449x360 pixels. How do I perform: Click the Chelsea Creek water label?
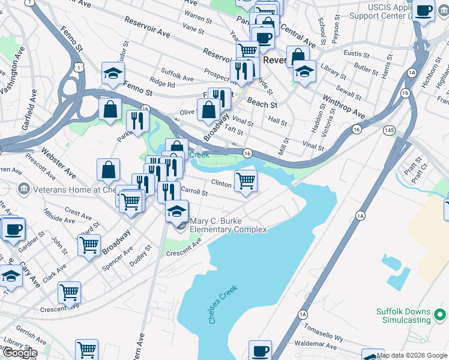(x=223, y=305)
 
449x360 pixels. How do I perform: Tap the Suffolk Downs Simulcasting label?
(x=403, y=316)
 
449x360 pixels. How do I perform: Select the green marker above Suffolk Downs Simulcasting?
(x=440, y=314)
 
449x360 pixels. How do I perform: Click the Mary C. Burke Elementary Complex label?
(x=228, y=225)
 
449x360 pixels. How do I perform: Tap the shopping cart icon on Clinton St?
(x=246, y=180)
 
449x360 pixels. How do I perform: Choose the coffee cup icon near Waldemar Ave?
(x=260, y=350)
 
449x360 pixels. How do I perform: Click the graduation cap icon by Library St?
(x=305, y=72)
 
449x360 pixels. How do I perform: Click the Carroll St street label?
(x=194, y=193)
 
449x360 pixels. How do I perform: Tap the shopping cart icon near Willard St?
(x=89, y=244)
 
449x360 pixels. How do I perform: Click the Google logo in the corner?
(x=19, y=353)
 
